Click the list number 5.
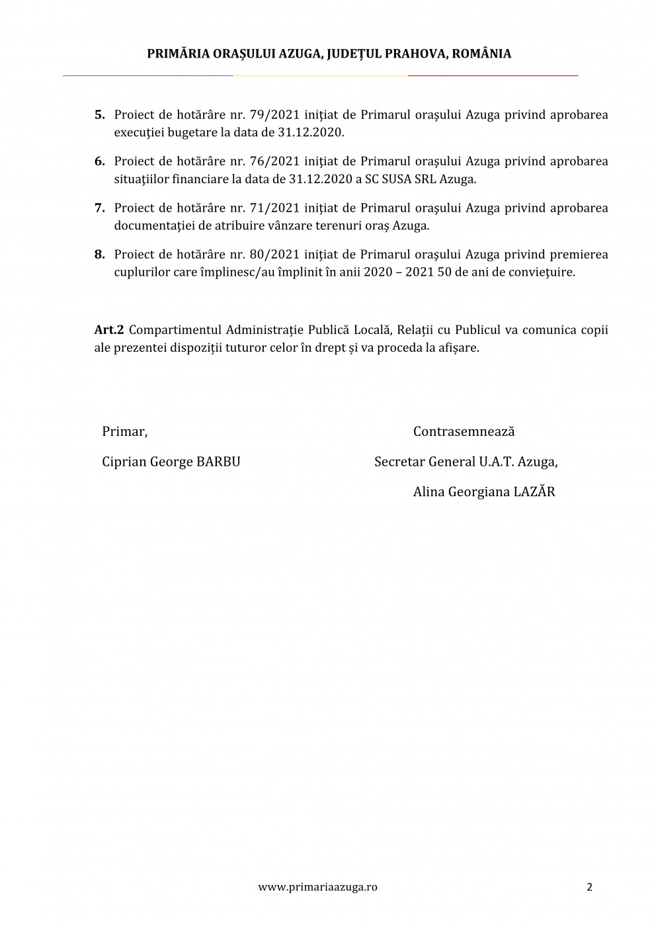click(x=99, y=114)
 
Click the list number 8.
click(x=99, y=255)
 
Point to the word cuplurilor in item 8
click(x=142, y=272)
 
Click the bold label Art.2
click(x=109, y=329)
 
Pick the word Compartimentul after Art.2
click(x=175, y=329)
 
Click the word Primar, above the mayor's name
click(x=124, y=432)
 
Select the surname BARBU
click(x=219, y=462)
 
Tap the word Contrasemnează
click(x=464, y=432)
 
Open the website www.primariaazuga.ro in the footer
click(x=317, y=887)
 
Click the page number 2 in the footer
click(x=589, y=887)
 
